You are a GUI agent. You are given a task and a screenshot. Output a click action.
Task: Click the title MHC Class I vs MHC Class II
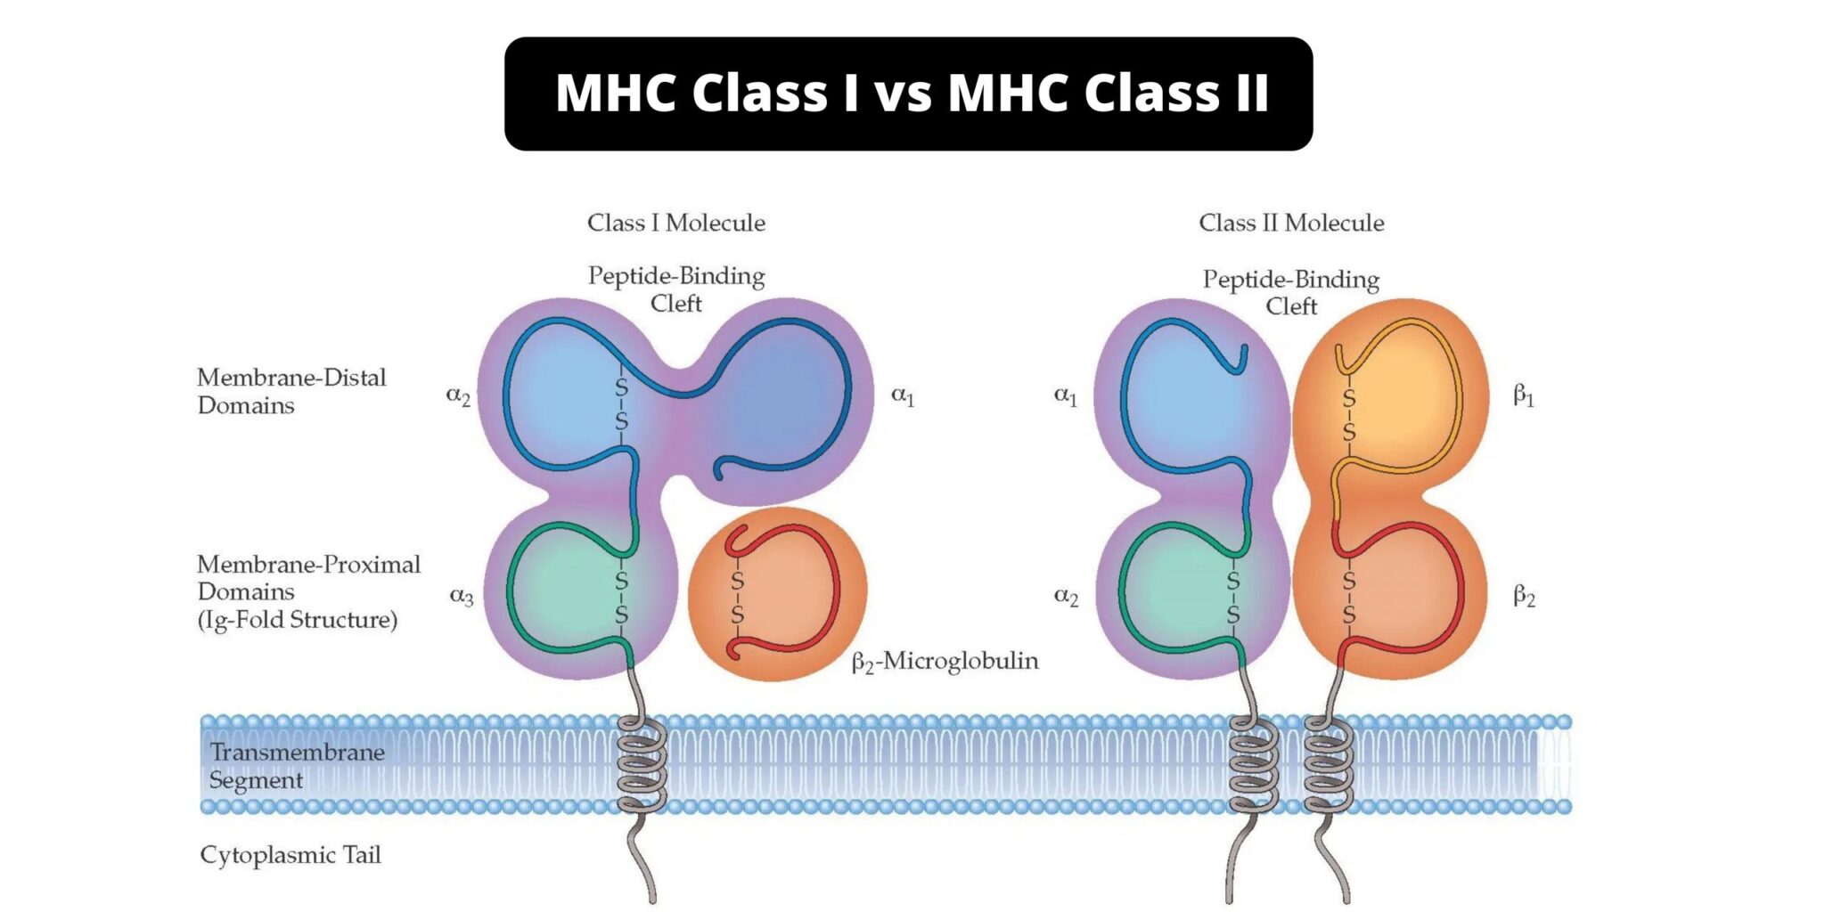click(912, 93)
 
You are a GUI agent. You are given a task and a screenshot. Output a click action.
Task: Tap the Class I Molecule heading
click(676, 223)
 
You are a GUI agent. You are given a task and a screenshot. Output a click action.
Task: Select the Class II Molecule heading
click(1291, 223)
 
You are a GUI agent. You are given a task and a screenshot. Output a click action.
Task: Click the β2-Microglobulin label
click(945, 662)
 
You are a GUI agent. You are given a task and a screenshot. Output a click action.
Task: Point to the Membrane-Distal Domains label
click(291, 391)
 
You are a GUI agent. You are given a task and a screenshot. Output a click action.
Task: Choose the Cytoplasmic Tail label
click(291, 856)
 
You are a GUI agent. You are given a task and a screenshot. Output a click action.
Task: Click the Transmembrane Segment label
click(297, 766)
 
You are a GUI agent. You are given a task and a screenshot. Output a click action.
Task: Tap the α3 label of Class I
click(462, 596)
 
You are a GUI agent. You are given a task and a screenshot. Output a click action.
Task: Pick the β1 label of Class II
click(1524, 395)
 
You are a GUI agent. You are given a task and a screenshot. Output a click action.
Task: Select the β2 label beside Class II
click(1525, 596)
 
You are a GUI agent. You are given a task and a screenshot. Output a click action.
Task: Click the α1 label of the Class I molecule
click(903, 395)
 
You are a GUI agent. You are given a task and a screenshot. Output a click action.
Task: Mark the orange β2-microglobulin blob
click(777, 594)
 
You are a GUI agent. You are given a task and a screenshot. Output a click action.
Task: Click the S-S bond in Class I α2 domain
click(621, 404)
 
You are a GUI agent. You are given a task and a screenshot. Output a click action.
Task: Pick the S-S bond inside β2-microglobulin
click(737, 597)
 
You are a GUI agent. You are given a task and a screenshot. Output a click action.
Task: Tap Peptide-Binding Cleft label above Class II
click(1291, 293)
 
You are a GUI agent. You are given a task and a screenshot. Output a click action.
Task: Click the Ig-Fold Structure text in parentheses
click(298, 620)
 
